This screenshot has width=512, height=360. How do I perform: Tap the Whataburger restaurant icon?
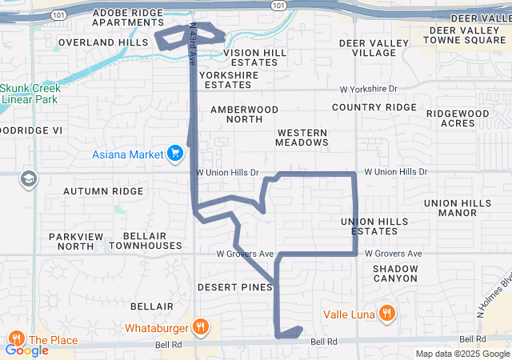pos(200,327)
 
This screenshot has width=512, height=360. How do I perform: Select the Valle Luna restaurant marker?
pos(386,314)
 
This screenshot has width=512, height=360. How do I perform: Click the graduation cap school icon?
pos(30,178)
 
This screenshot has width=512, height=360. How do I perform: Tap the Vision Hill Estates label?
pos(254,57)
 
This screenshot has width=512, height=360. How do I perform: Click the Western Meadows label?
pos(302,137)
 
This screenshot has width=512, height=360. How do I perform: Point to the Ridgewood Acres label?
pos(457,118)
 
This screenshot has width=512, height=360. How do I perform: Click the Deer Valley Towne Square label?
pos(464,34)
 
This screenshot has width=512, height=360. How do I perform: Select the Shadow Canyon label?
pos(395,274)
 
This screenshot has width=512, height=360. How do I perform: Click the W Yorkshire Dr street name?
pos(368,89)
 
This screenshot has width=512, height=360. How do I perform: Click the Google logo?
pos(27,350)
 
